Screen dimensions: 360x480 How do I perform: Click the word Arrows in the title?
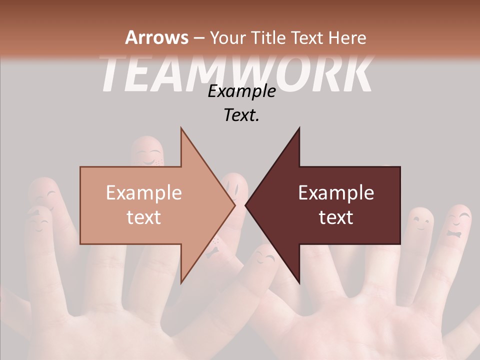[x=156, y=37]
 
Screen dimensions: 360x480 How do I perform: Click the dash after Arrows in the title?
[x=198, y=38]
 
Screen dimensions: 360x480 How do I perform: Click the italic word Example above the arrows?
[x=241, y=91]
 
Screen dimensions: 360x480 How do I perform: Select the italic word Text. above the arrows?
[x=241, y=115]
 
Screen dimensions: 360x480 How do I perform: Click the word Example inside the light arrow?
[x=144, y=193]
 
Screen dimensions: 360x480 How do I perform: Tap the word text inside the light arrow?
[x=144, y=217]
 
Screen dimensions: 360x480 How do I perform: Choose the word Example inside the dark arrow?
[x=336, y=193]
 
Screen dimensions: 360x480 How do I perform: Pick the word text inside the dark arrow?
[x=336, y=217]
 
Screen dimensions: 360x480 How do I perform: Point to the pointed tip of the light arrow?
[x=234, y=205]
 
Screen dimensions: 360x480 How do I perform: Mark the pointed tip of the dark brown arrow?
[x=246, y=205]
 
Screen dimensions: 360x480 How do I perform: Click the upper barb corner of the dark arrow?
[x=299, y=128]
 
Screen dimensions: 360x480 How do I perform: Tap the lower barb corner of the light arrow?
[x=181, y=282]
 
